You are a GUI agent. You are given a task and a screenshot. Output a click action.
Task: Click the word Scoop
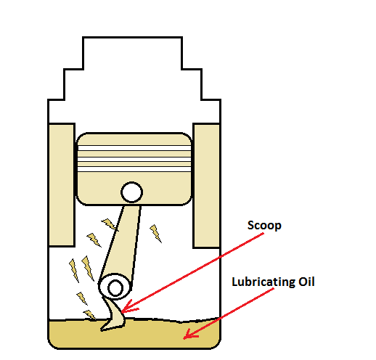(x=264, y=226)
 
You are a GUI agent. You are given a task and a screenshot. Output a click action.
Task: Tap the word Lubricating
(x=263, y=282)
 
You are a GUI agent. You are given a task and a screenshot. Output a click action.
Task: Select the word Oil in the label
(x=306, y=282)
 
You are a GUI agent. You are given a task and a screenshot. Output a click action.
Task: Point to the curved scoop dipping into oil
(x=114, y=314)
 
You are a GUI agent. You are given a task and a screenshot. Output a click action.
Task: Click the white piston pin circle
(x=131, y=192)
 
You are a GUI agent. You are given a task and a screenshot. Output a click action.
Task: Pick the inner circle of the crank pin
(x=115, y=288)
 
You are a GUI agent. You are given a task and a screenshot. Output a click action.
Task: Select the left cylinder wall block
(x=62, y=185)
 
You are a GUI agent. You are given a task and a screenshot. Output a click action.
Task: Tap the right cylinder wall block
(x=206, y=186)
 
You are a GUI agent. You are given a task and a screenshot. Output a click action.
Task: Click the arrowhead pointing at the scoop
(x=128, y=307)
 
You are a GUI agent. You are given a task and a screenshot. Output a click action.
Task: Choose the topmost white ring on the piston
(x=134, y=148)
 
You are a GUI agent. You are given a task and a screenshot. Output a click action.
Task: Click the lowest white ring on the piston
(x=134, y=169)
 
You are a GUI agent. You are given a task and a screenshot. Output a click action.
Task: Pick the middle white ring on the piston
(x=134, y=159)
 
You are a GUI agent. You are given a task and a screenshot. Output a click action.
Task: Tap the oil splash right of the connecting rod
(x=155, y=233)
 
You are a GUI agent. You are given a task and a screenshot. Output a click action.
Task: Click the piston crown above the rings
(x=134, y=139)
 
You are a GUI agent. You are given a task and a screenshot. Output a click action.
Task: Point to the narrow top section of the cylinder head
(x=132, y=53)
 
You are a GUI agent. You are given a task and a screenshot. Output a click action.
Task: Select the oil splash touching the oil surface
(x=89, y=314)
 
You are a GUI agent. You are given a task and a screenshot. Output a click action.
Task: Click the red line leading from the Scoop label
(x=193, y=271)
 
